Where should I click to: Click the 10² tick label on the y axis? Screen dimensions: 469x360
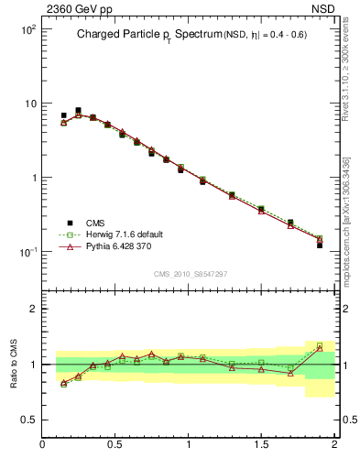[x=27, y=29]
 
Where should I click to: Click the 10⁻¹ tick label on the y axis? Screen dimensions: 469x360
[x=27, y=252]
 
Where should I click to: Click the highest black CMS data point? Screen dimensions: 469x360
[x=78, y=111]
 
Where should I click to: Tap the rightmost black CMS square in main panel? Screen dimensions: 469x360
[x=320, y=245]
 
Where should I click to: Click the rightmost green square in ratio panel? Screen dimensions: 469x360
[x=320, y=346]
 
